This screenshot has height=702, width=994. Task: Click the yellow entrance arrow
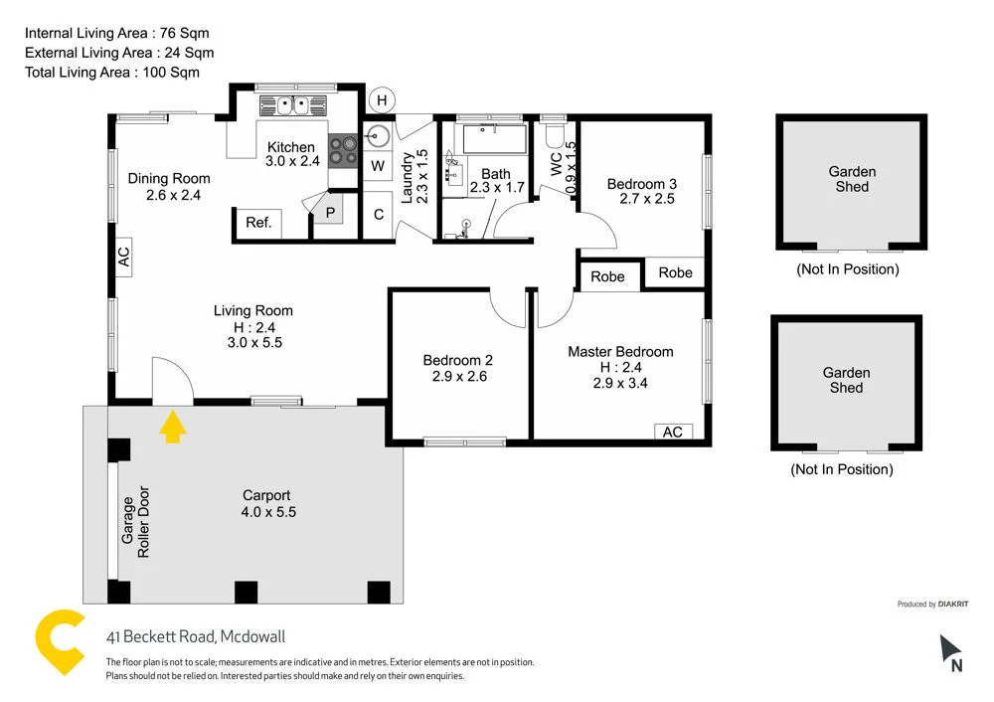tap(173, 427)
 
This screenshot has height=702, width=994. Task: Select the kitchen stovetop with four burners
tap(344, 149)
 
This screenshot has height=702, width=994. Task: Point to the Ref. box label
tap(258, 223)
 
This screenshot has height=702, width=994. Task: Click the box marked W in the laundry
tap(378, 166)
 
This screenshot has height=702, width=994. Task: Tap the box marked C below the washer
tap(378, 214)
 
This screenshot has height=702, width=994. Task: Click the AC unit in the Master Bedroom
tap(673, 431)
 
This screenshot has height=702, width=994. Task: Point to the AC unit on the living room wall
tap(124, 257)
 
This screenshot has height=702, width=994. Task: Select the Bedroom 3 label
tap(642, 184)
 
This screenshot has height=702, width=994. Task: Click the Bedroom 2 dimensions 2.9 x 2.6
tap(457, 377)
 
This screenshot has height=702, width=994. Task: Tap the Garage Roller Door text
tap(135, 522)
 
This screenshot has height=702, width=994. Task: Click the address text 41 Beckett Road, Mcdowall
tap(196, 637)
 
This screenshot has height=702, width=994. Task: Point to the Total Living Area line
tap(112, 72)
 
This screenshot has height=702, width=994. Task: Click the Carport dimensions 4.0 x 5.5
tap(267, 512)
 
